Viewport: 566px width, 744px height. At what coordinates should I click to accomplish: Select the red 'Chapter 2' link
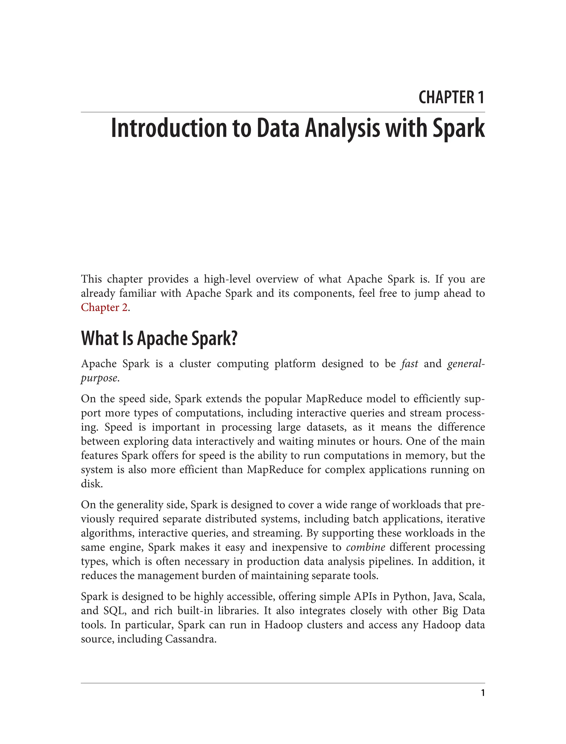(104, 308)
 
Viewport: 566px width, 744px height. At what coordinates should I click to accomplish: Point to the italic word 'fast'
(409, 364)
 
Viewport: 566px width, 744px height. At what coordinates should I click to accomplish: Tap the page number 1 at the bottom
(483, 693)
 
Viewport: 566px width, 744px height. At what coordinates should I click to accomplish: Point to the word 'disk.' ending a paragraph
(92, 484)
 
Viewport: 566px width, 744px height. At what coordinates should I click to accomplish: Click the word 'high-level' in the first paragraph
(227, 279)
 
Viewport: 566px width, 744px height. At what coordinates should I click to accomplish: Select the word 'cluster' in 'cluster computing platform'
(195, 364)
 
